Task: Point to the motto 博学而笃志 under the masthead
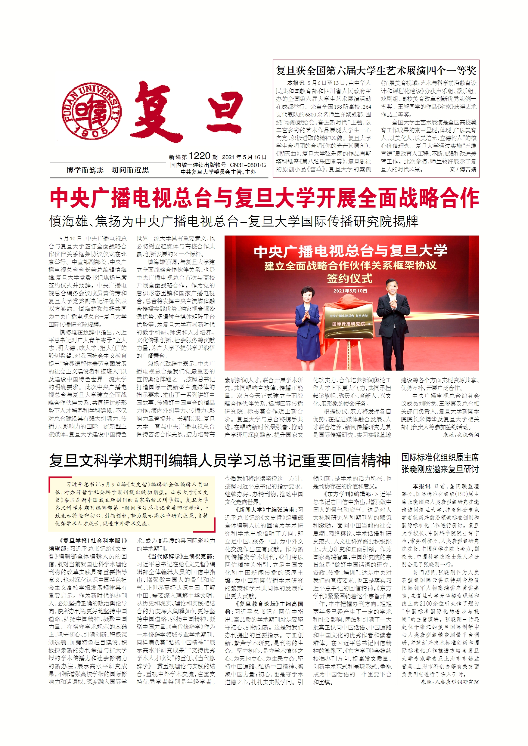point(85,170)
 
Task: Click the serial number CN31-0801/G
point(248,165)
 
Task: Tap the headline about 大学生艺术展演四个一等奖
point(376,70)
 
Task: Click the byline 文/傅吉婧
point(463,169)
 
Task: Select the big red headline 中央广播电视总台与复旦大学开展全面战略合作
point(264,198)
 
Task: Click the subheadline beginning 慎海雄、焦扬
point(233,222)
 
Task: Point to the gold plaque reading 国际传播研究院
point(348,324)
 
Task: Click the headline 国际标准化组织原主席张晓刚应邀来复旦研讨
point(440,463)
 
